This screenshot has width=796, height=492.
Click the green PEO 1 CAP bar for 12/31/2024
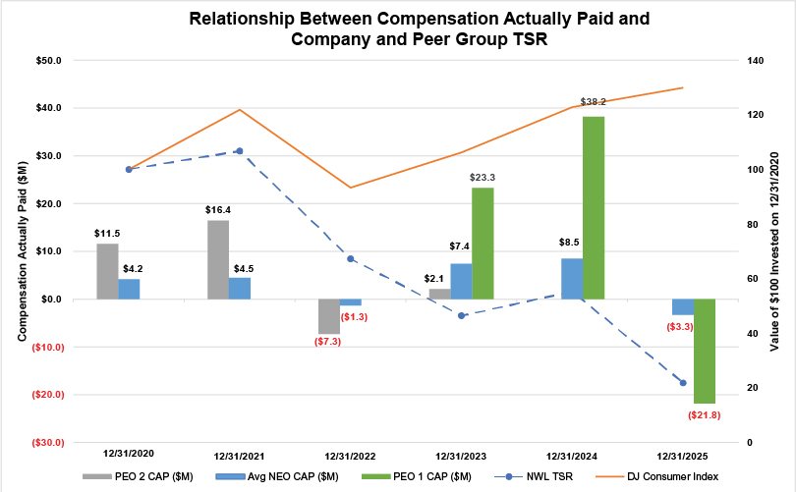click(x=594, y=207)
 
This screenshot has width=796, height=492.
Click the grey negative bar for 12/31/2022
click(x=328, y=315)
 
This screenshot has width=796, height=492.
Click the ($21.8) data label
click(x=704, y=415)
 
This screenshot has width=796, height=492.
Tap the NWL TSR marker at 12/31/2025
click(x=683, y=383)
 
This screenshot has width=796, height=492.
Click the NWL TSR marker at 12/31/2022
click(x=351, y=258)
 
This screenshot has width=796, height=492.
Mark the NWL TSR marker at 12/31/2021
click(x=239, y=151)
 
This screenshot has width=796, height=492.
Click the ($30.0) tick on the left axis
click(x=45, y=443)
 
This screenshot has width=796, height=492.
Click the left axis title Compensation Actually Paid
click(x=22, y=251)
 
